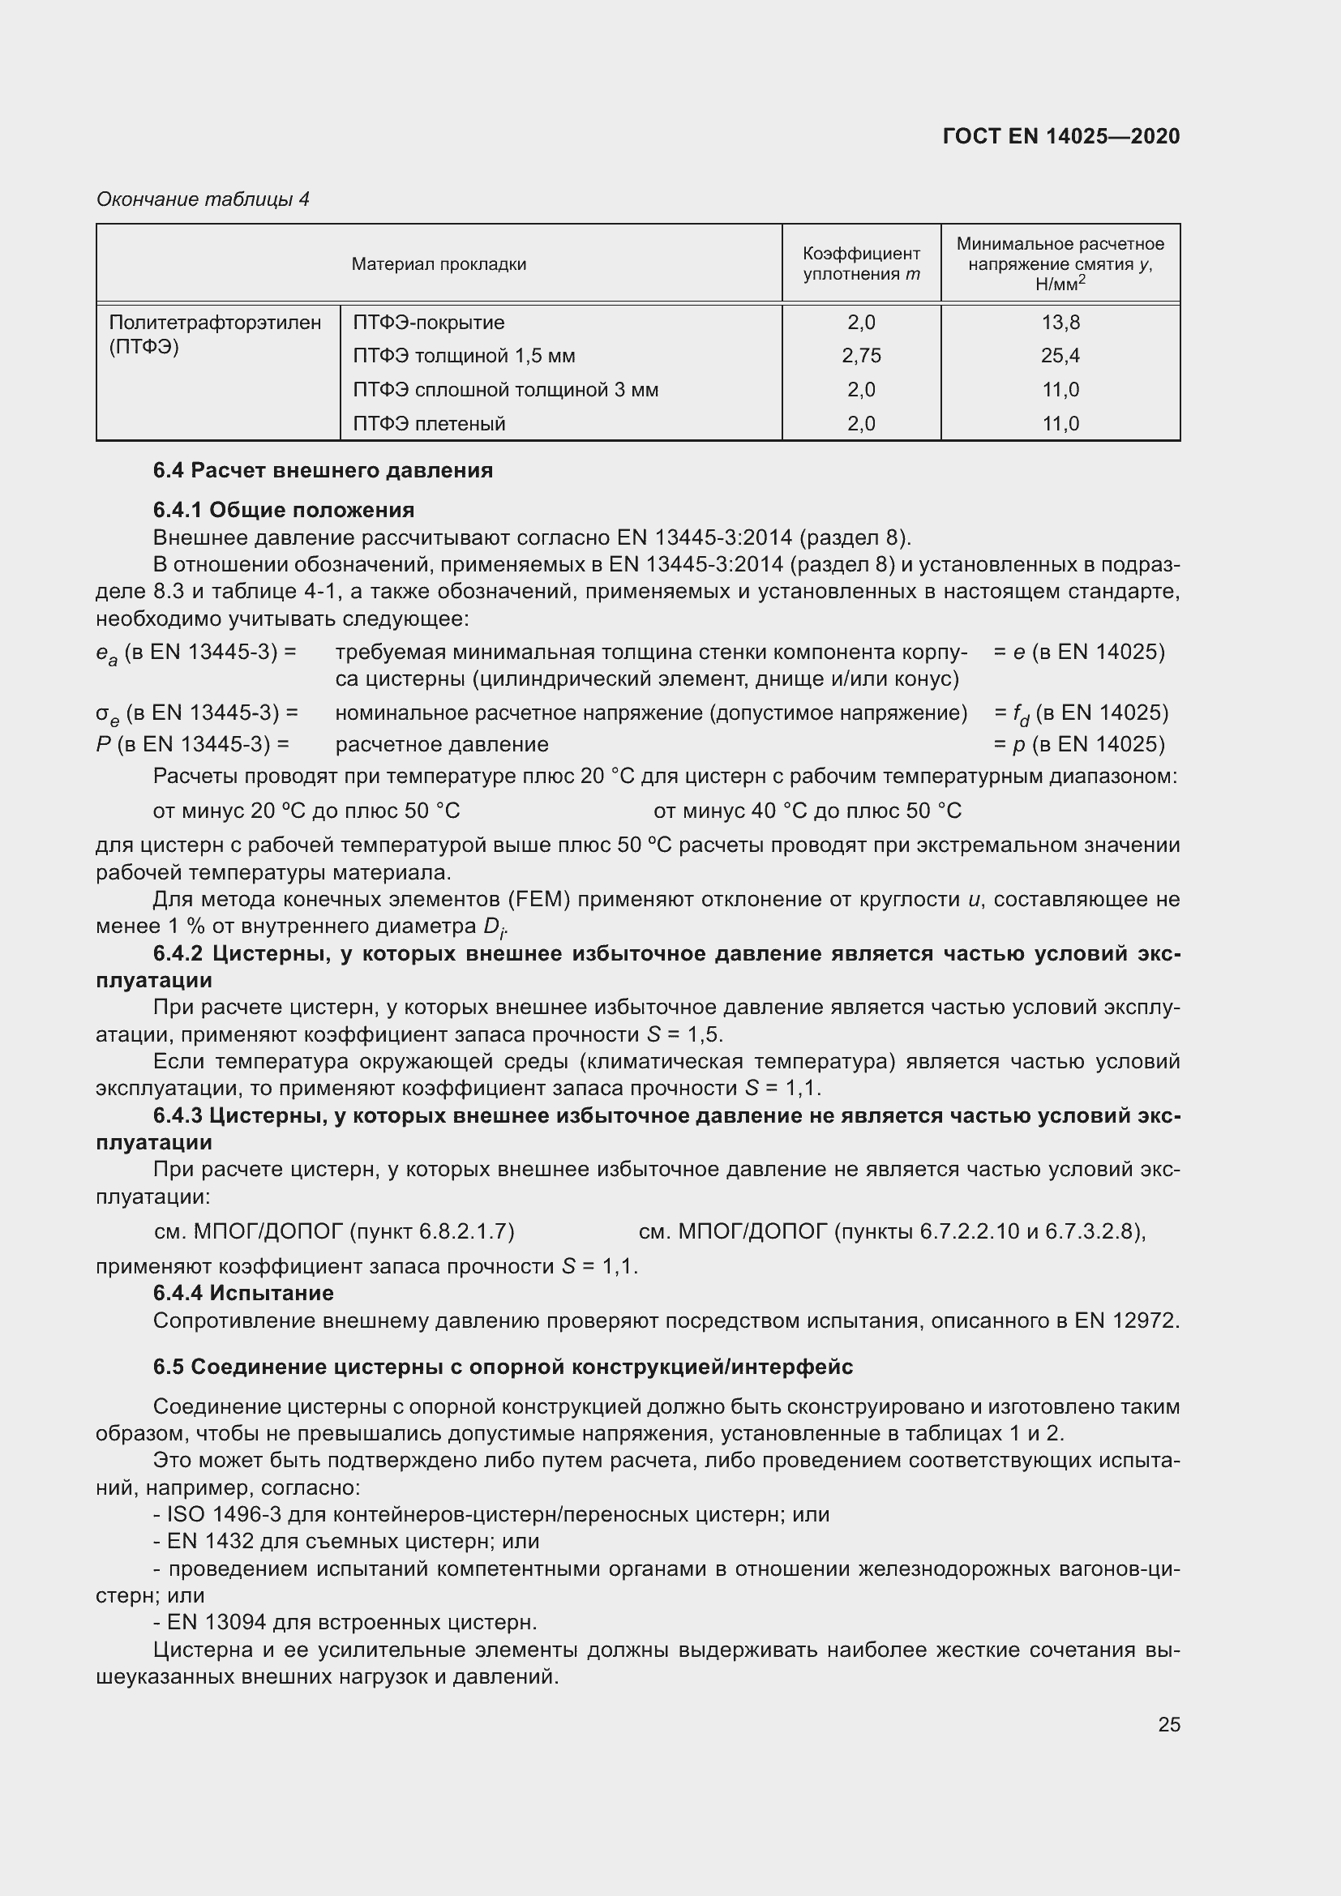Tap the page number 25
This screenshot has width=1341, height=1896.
click(1168, 1724)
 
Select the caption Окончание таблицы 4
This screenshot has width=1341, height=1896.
click(203, 199)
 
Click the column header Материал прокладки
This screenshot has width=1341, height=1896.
click(439, 264)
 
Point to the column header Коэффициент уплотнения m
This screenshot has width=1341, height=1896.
click(860, 264)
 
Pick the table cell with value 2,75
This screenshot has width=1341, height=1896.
click(860, 356)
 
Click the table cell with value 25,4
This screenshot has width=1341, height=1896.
click(1060, 356)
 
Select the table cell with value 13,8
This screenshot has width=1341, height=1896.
click(1060, 322)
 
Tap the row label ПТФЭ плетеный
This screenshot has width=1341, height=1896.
click(429, 424)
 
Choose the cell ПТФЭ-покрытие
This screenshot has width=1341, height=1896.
click(429, 322)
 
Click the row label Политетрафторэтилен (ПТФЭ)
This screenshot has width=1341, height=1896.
click(215, 334)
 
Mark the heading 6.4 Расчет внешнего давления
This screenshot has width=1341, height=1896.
click(323, 471)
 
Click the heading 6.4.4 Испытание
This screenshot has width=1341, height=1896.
click(242, 1293)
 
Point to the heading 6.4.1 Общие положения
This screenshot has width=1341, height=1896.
click(283, 511)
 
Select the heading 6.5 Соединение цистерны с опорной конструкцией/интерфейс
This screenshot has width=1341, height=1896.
click(503, 1367)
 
